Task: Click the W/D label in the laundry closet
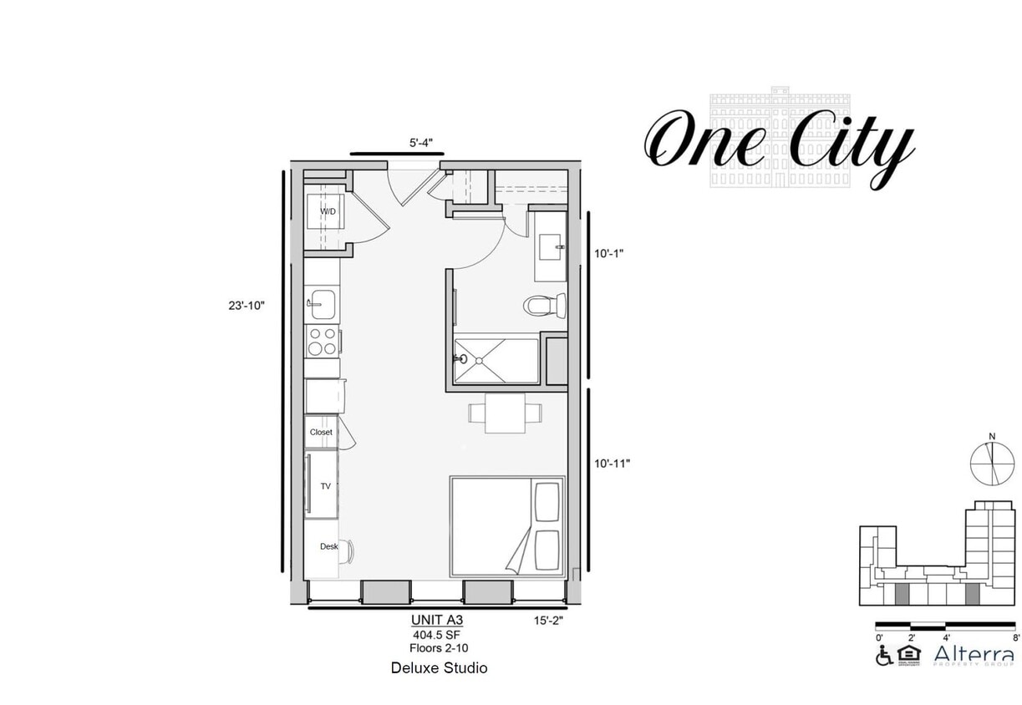coord(328,211)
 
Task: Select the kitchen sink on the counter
coord(322,304)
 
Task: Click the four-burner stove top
coord(322,341)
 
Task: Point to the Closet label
coord(321,432)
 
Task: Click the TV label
coord(325,485)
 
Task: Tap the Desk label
coord(328,546)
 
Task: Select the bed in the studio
coord(507,526)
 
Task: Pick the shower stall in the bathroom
coord(496,361)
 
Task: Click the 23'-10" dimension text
coord(247,306)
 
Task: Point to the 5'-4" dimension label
coord(420,143)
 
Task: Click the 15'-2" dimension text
coord(547,620)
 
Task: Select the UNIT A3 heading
coord(436,620)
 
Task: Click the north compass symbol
coord(991,460)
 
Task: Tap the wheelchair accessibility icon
coord(883,656)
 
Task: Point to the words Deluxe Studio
coord(439,668)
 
